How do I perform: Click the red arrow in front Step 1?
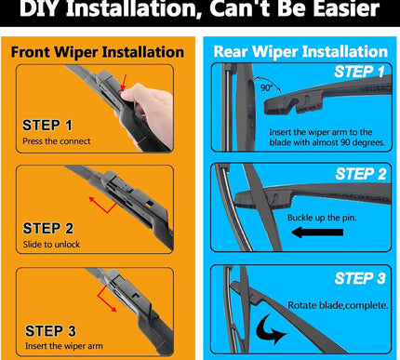point(124,82)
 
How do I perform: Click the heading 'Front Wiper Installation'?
point(98,52)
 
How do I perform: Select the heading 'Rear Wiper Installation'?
point(300,51)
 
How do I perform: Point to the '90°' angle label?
point(267,87)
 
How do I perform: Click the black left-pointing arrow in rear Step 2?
point(317,233)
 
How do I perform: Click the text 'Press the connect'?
point(57,141)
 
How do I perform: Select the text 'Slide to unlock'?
point(51,245)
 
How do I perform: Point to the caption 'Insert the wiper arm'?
point(64,346)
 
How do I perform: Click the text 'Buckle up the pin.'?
point(322,218)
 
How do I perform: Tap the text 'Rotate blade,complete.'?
point(338,305)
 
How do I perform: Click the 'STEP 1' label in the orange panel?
point(47,126)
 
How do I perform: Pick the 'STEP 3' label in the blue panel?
point(360,278)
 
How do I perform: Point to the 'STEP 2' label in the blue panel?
point(361,174)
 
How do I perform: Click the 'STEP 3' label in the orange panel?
point(50,331)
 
